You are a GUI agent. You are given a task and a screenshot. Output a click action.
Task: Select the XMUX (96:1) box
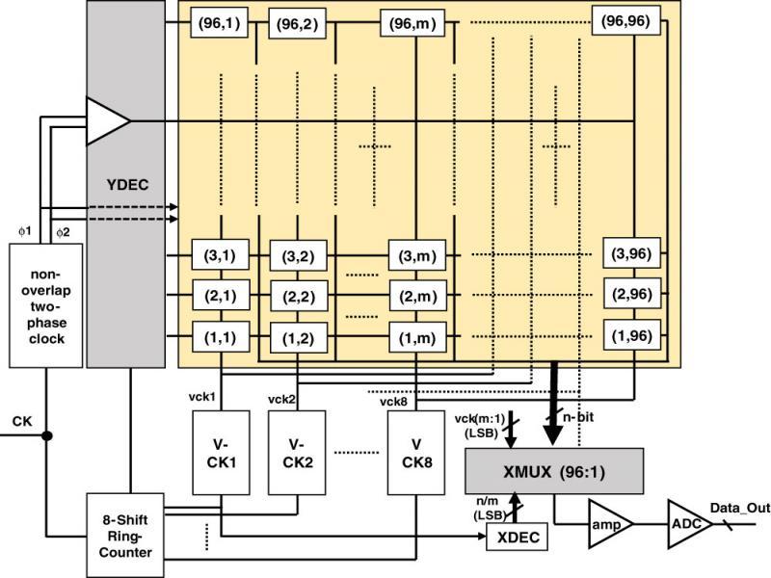point(555,471)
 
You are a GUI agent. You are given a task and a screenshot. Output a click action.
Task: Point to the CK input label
point(22,421)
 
